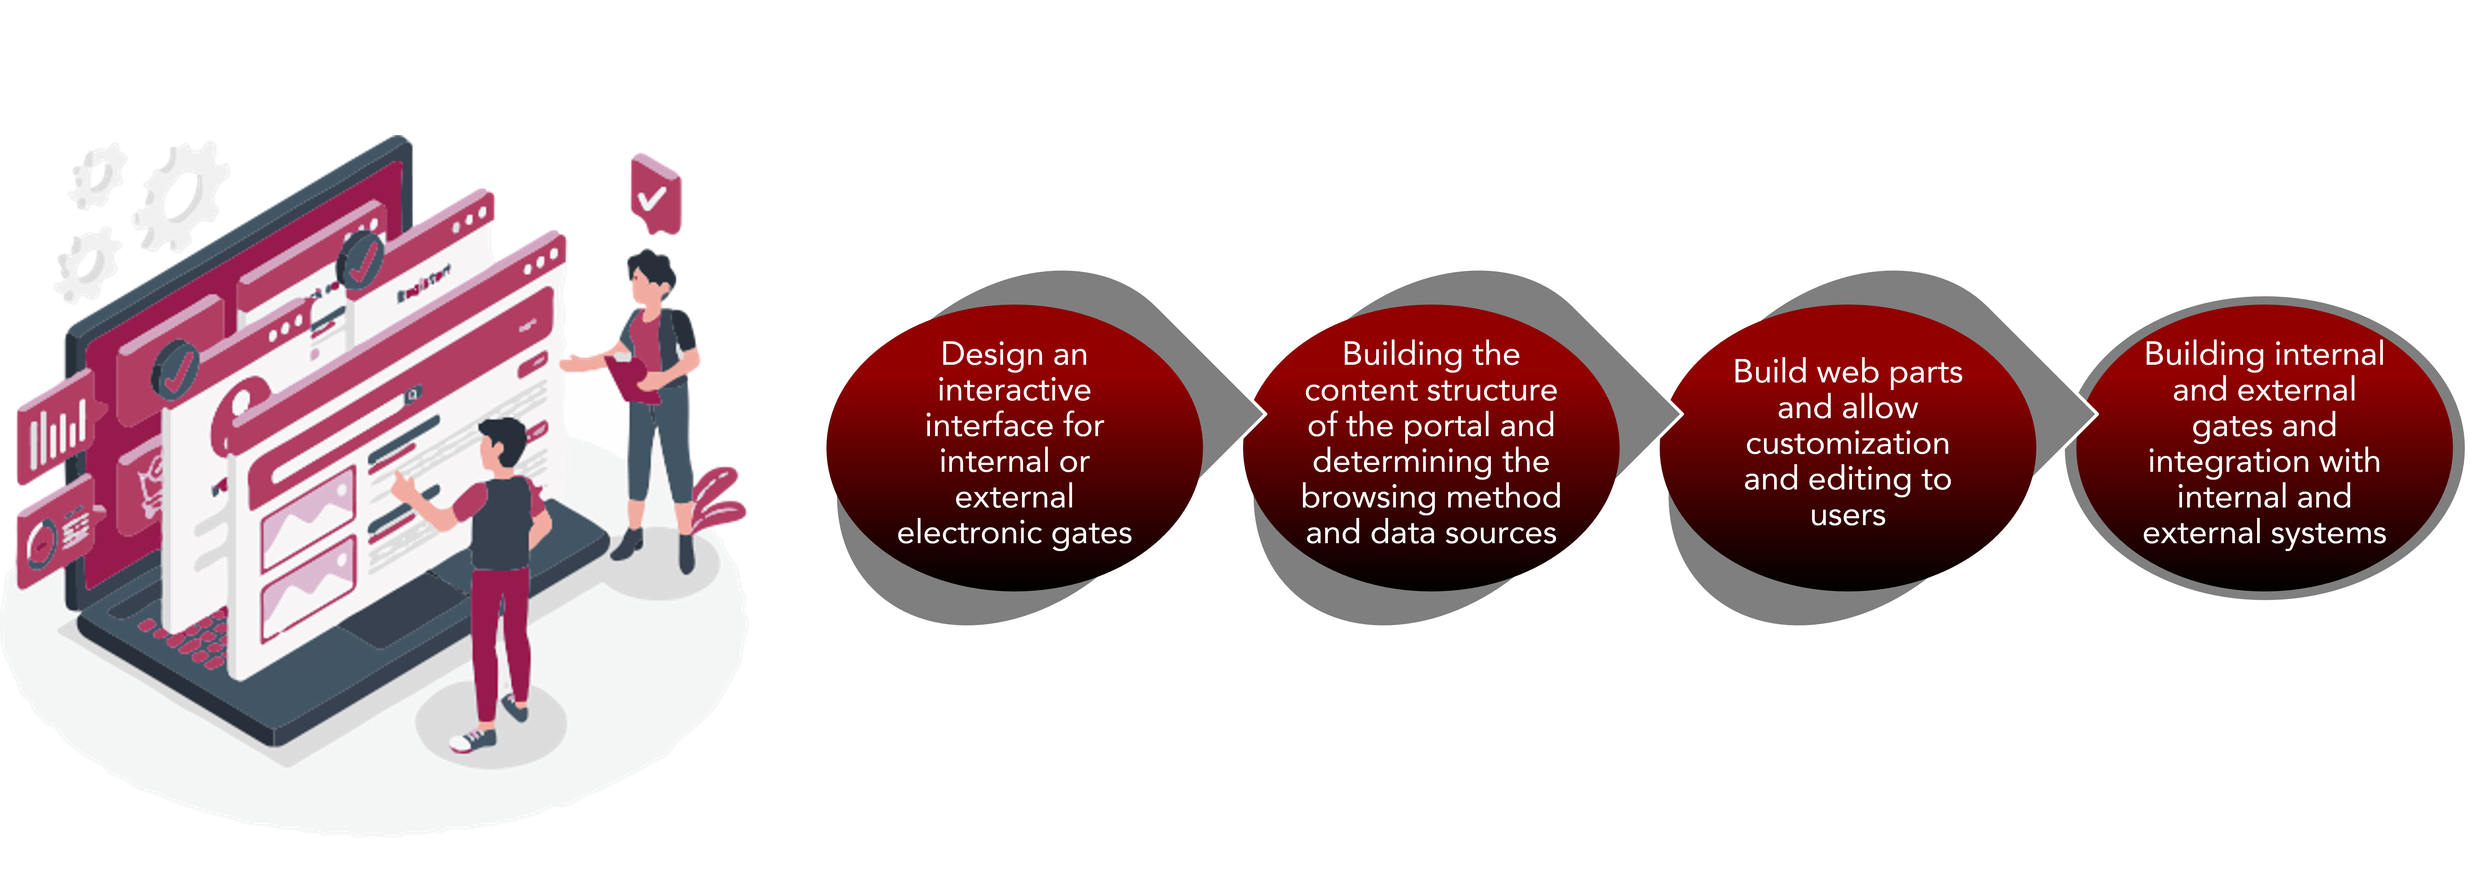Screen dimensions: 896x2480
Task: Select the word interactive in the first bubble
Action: tap(1014, 390)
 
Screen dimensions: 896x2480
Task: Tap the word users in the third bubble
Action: tap(1848, 515)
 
